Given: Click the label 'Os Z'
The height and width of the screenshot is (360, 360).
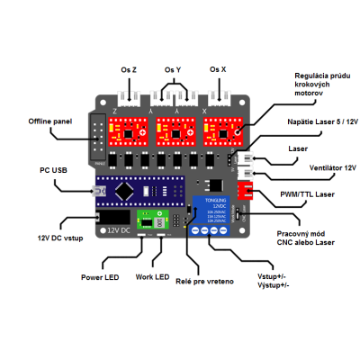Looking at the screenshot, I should click(129, 68).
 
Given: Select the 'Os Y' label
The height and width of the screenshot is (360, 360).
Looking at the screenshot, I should click(173, 68).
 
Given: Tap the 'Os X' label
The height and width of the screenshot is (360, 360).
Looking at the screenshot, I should click(218, 68).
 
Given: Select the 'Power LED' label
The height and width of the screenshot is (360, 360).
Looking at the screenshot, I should click(101, 277).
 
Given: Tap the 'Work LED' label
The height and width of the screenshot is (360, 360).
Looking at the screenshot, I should click(152, 277).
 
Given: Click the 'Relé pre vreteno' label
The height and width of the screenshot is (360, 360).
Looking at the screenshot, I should click(207, 282).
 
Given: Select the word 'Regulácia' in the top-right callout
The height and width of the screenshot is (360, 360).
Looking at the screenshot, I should click(315, 75).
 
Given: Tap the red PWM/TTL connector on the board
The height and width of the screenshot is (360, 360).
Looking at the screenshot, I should click(246, 193).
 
